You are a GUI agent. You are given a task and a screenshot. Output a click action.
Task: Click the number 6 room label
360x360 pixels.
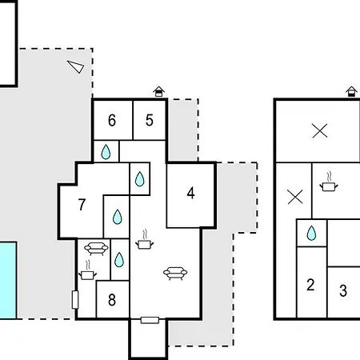click(x=112, y=120)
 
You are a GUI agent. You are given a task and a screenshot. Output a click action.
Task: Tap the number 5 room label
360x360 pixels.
click(x=150, y=120)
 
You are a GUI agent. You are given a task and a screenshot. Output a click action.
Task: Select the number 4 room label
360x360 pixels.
click(x=190, y=193)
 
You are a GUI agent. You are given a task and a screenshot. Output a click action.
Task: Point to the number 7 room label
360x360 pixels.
click(x=82, y=205)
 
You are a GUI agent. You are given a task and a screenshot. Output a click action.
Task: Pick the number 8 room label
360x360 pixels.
click(x=112, y=300)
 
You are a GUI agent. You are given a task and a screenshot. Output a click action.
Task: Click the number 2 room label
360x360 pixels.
click(x=310, y=285)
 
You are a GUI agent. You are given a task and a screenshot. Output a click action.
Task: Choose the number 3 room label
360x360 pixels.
click(x=343, y=290)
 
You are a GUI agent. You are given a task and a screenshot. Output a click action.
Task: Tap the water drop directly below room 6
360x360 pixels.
click(x=106, y=152)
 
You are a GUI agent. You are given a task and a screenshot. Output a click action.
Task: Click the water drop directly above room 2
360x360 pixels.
click(x=311, y=233)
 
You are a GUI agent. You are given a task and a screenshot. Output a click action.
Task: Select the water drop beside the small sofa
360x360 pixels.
click(x=119, y=260)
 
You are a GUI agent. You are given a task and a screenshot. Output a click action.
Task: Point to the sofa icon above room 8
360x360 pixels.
click(x=96, y=249)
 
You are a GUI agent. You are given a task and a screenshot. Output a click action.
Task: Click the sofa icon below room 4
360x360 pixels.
click(x=175, y=274)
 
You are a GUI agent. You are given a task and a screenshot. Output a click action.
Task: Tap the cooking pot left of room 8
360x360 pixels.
click(x=87, y=270)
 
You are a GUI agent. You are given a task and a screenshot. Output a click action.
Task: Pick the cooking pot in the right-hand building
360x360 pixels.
click(x=329, y=182)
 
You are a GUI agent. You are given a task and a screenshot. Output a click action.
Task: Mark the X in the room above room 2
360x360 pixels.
click(x=295, y=197)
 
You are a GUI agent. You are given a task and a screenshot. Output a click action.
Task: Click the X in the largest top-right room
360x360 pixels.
click(x=320, y=130)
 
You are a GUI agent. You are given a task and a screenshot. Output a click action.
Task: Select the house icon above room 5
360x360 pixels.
click(x=159, y=91)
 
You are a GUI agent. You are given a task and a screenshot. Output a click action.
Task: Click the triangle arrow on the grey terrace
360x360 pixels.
click(x=76, y=66)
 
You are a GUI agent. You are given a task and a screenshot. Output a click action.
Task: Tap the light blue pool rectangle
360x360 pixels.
click(x=8, y=280)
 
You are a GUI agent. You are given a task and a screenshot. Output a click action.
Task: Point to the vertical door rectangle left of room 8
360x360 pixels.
click(x=75, y=300)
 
